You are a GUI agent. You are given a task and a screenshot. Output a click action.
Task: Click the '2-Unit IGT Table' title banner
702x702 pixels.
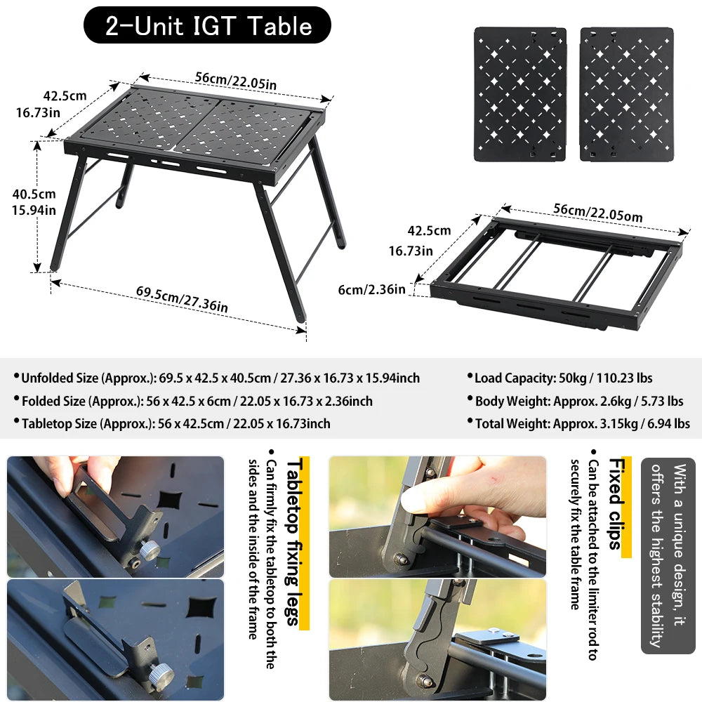click(207, 26)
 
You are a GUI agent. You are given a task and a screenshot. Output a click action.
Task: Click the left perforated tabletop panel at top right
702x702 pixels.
click(520, 94)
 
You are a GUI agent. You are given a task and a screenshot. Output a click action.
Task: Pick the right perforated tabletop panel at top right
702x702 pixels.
click(626, 94)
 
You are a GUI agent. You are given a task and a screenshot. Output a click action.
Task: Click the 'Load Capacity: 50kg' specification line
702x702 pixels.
click(564, 378)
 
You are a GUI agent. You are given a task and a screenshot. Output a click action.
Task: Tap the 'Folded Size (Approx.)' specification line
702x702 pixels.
click(197, 402)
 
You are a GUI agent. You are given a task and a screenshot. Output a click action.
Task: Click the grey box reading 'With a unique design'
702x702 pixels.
click(668, 555)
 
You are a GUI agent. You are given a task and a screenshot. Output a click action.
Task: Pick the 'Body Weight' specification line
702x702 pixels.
click(579, 402)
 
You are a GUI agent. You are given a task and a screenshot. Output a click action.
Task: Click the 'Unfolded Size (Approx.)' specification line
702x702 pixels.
click(220, 378)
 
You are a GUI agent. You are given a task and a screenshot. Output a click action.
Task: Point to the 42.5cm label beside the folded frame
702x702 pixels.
click(429, 230)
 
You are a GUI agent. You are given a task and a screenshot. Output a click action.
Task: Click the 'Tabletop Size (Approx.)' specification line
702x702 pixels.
click(175, 423)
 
